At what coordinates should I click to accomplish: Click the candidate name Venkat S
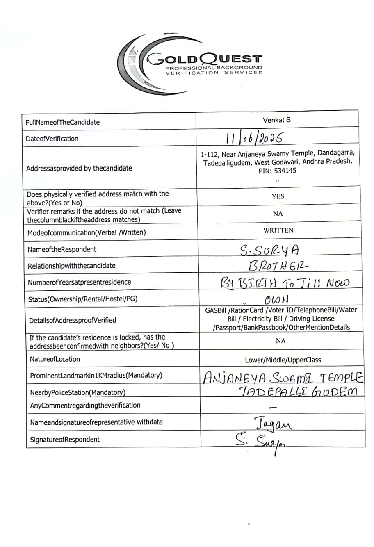(x=276, y=120)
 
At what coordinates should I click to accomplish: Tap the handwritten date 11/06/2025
(x=254, y=138)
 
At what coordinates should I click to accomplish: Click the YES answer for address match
(x=278, y=196)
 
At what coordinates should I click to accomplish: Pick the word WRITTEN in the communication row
(x=278, y=230)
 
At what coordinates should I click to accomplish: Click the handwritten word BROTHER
(x=278, y=266)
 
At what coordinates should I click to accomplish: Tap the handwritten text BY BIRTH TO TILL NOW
(x=285, y=283)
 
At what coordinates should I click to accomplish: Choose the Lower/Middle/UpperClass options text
(x=283, y=360)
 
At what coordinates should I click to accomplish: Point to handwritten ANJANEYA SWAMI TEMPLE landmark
(x=283, y=376)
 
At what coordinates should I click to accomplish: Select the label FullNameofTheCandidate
(x=63, y=122)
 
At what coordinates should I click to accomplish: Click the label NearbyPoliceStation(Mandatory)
(x=78, y=392)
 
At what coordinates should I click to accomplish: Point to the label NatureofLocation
(x=55, y=359)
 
